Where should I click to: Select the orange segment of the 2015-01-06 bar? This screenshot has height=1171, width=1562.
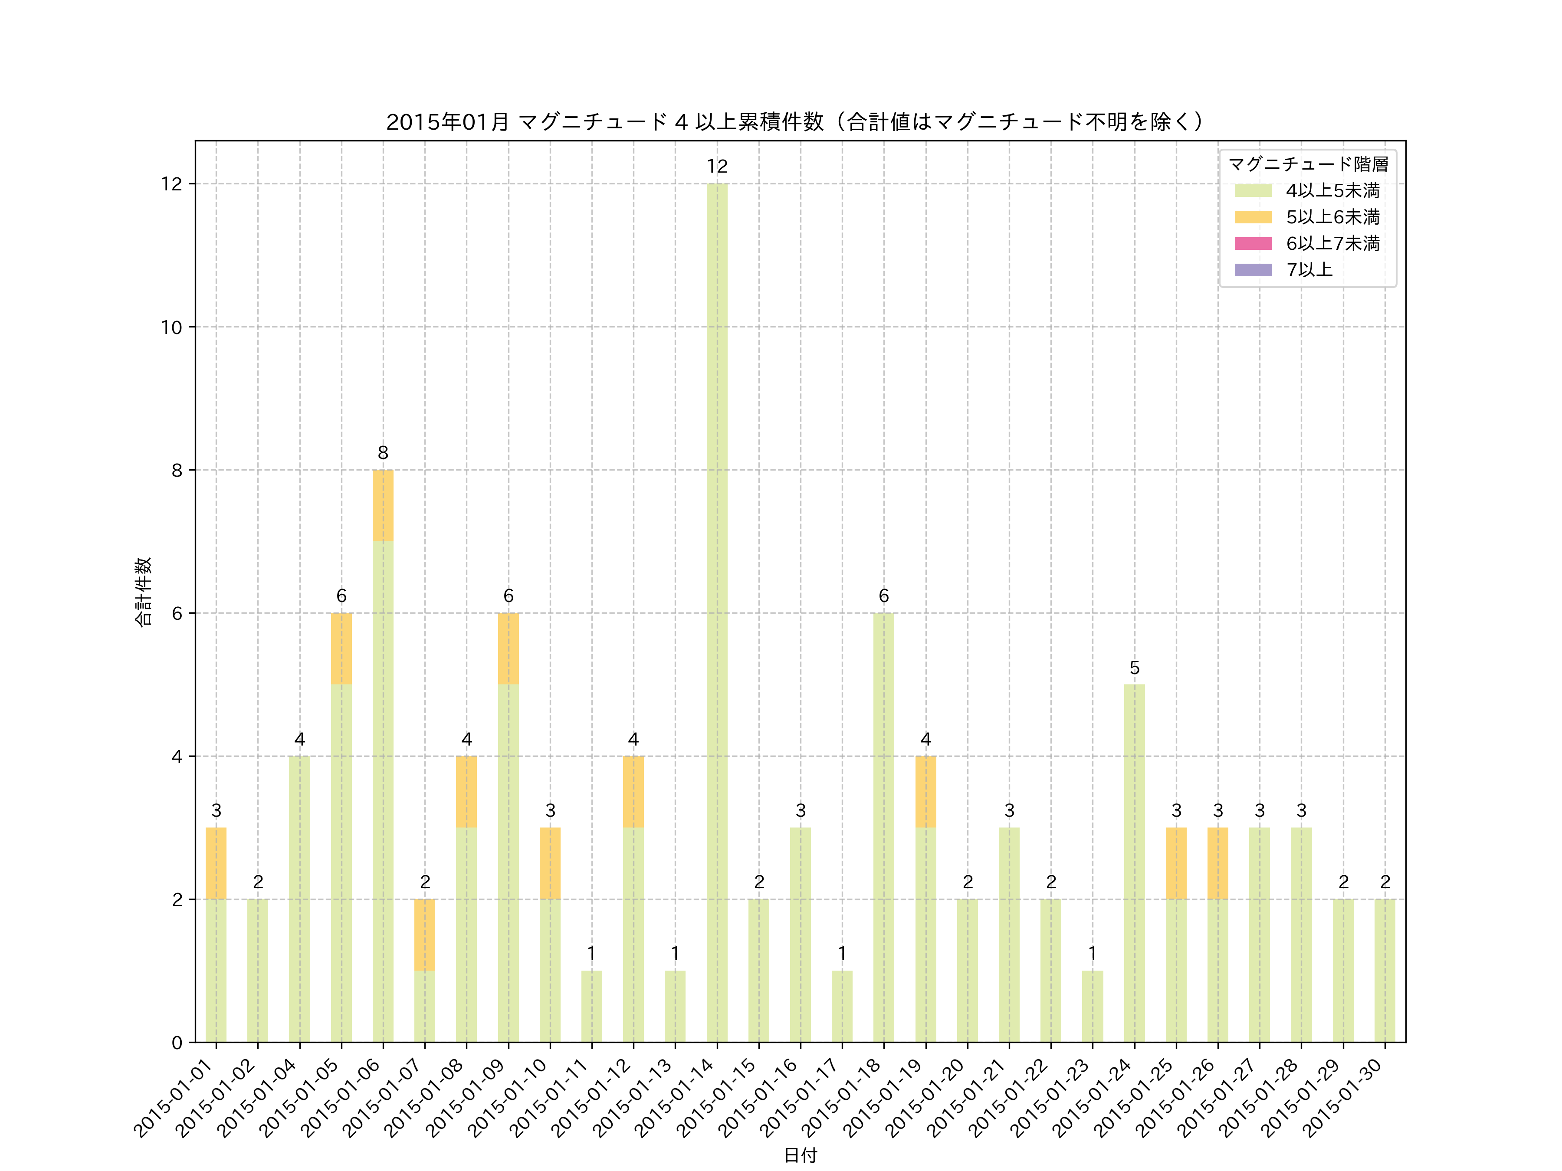[383, 505]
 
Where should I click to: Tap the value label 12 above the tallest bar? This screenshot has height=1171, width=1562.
[717, 167]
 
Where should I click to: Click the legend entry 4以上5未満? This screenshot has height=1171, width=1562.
[1332, 190]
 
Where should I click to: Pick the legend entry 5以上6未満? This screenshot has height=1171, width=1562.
[1332, 217]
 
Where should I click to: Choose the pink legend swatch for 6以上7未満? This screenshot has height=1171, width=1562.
[1253, 243]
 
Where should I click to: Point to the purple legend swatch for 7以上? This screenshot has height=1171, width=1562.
[1253, 270]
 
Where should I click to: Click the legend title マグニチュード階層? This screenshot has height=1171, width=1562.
[1308, 164]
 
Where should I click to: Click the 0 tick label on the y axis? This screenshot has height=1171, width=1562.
[177, 1043]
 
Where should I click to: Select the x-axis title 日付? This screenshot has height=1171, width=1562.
[800, 1155]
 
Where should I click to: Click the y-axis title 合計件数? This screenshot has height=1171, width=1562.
[143, 592]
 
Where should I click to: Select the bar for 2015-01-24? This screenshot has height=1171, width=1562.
[1134, 863]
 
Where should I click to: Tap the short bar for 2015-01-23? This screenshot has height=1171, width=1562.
[1093, 1007]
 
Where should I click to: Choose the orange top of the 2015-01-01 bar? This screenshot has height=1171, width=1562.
[216, 863]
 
